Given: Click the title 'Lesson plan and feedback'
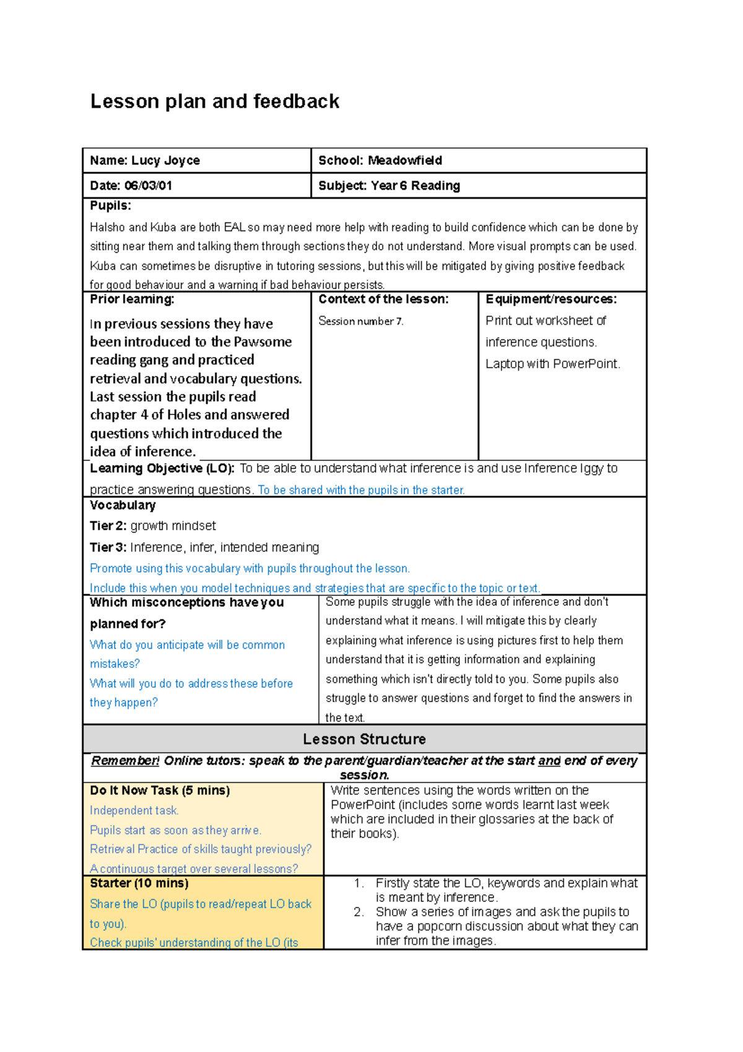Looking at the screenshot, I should [214, 101].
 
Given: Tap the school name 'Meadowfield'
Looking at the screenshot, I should [405, 160].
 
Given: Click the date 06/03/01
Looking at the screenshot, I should [148, 185].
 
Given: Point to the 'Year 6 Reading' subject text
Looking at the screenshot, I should [415, 185].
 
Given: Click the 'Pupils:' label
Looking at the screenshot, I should [110, 206].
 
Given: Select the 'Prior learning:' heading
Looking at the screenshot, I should [132, 299].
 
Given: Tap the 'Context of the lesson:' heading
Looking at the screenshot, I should [383, 299].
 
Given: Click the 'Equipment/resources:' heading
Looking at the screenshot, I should [551, 299].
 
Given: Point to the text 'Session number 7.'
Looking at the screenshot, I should [360, 321].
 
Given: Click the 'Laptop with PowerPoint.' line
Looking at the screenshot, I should [552, 364].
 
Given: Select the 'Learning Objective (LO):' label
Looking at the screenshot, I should [162, 468].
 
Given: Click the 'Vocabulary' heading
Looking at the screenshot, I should [123, 506].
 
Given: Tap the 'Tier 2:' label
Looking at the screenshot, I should [108, 526].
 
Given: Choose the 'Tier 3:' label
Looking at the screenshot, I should [108, 547].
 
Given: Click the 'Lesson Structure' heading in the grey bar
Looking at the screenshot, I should [364, 739].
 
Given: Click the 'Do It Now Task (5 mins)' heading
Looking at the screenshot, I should [160, 791].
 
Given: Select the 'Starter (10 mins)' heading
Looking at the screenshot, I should [139, 883].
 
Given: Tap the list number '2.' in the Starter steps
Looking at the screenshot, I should [358, 912].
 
